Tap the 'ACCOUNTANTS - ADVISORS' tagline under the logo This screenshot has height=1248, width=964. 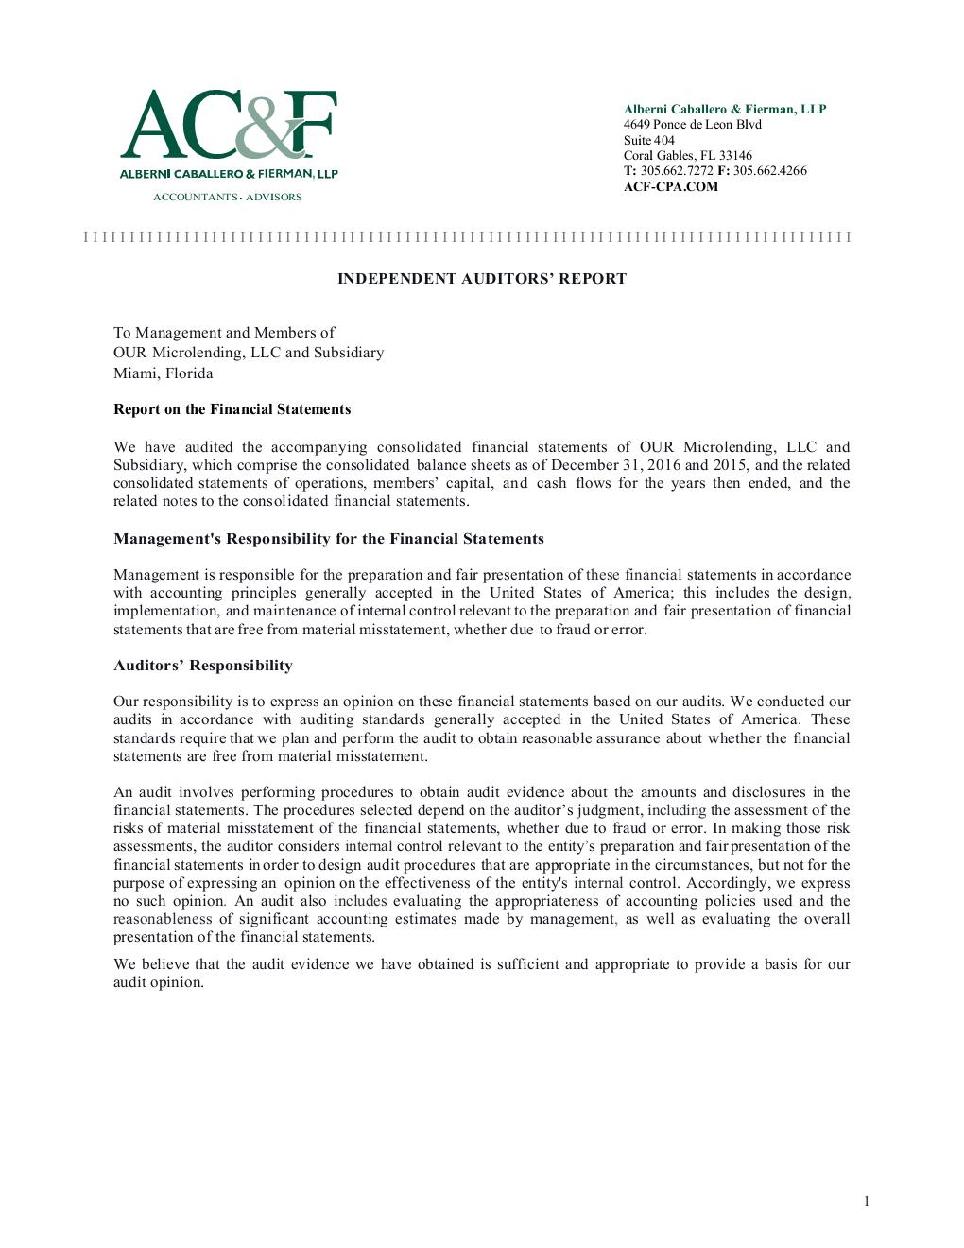(228, 197)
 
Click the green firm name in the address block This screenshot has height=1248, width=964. (724, 109)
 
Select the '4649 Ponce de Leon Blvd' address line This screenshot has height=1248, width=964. (692, 125)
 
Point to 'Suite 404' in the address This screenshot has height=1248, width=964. (648, 140)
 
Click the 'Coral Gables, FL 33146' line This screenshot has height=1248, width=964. (687, 156)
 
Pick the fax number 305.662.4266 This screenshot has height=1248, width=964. (769, 171)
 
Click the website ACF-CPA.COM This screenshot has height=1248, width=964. (670, 186)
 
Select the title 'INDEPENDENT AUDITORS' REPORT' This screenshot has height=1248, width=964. (482, 279)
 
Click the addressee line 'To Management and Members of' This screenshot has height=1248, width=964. (224, 333)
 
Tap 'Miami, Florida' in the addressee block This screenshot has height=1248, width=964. (163, 373)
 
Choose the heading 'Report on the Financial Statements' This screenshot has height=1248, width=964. (232, 409)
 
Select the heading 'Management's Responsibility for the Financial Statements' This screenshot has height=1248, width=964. (328, 539)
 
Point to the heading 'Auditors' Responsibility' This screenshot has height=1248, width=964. (202, 666)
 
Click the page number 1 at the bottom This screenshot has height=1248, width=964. (866, 1202)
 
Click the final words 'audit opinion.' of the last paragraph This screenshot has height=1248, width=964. (159, 982)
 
